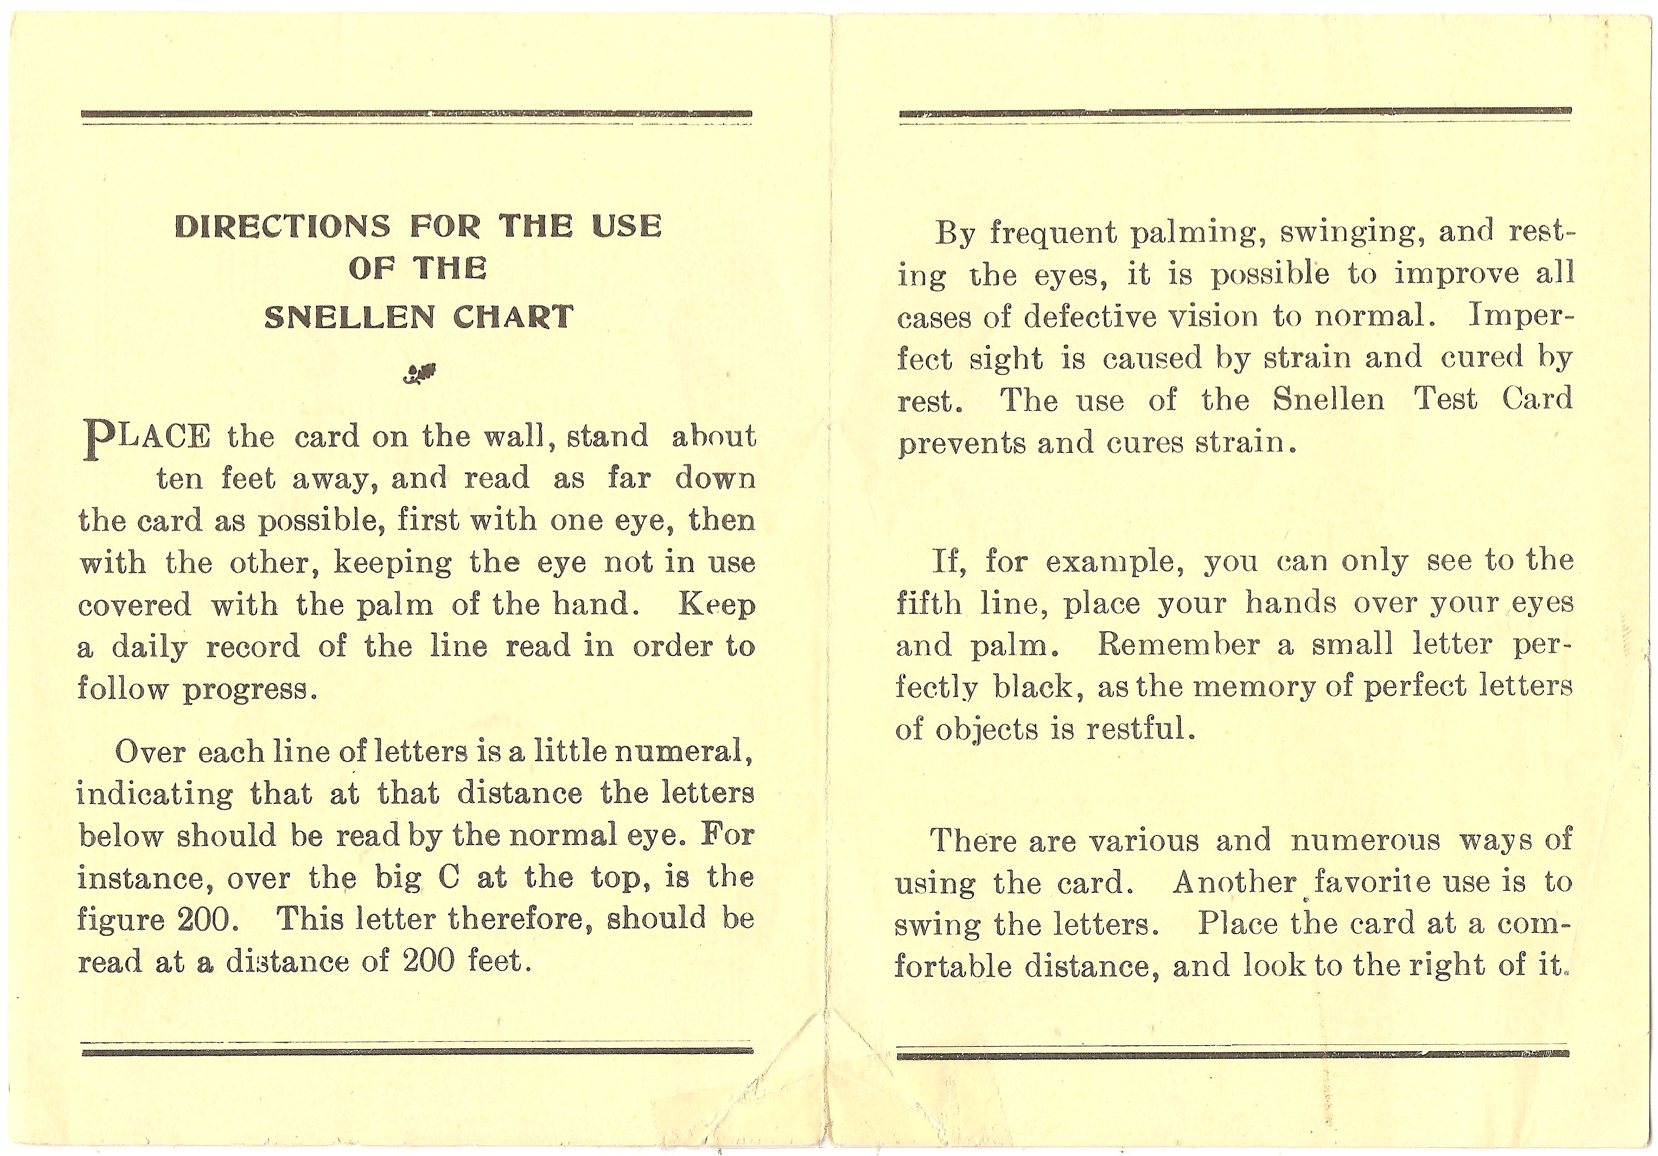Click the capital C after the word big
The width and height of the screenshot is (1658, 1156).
point(448,878)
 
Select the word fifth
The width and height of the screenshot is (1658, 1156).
point(929,603)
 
